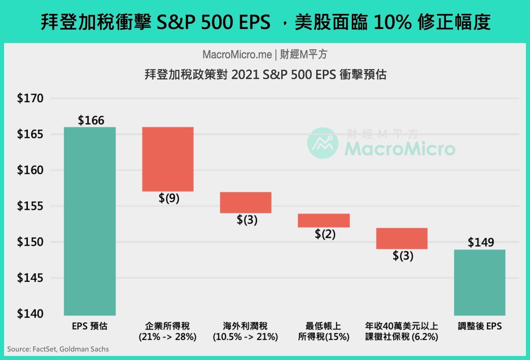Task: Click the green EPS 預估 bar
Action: click(x=90, y=221)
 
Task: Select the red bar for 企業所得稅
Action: click(x=168, y=159)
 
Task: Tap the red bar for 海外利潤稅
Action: click(x=245, y=202)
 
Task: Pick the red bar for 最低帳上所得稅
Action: click(x=324, y=220)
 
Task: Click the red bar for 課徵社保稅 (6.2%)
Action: click(x=402, y=238)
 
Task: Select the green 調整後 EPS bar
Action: click(x=480, y=282)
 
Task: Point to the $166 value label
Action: click(x=91, y=120)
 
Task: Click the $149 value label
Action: click(x=481, y=242)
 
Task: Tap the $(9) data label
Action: click(x=169, y=198)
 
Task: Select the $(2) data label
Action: click(x=325, y=234)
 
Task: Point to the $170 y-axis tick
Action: click(x=30, y=98)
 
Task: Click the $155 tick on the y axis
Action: click(x=30, y=206)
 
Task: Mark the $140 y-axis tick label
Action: click(x=30, y=314)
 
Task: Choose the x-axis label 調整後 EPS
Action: click(x=480, y=326)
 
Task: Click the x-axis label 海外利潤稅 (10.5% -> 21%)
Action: click(x=245, y=331)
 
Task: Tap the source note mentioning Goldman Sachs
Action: click(x=58, y=349)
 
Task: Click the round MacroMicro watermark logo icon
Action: click(x=323, y=143)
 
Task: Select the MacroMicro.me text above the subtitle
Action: click(x=237, y=54)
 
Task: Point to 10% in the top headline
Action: click(x=392, y=22)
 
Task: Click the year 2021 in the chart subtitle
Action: click(x=245, y=75)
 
